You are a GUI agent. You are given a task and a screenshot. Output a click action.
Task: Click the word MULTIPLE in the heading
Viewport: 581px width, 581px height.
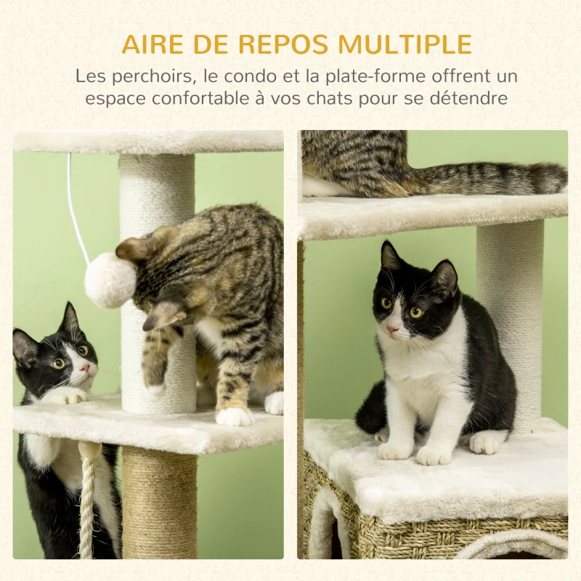(x=405, y=44)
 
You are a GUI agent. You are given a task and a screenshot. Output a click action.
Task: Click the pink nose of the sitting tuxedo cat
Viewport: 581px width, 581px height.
(x=392, y=329)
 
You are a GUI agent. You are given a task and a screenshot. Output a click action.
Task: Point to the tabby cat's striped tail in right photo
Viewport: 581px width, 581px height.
(x=494, y=179)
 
